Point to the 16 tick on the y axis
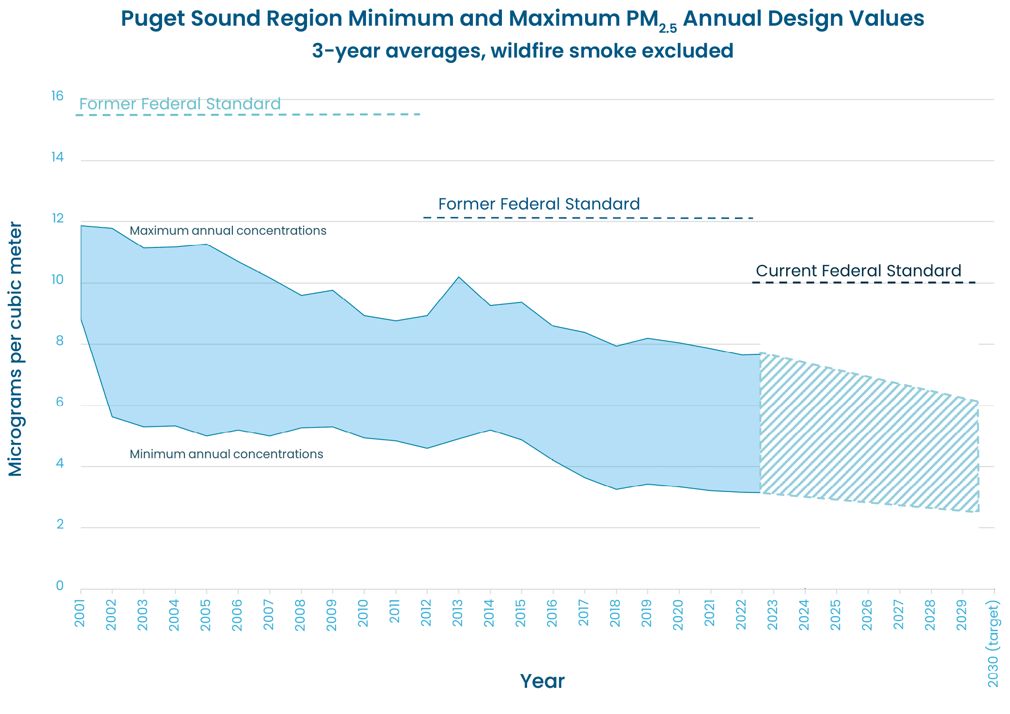coord(58,96)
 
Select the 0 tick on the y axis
coord(60,586)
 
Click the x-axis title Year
coord(542,681)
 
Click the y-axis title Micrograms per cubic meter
coord(16,349)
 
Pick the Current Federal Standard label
coord(858,271)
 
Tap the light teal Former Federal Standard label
coord(180,104)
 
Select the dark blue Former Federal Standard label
coord(539,204)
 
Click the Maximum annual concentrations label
coord(228,231)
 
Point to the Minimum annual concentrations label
coord(226,454)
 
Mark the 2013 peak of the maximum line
coord(459,277)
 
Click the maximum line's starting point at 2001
coord(81,226)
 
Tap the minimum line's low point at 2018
coord(616,489)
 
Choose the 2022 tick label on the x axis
coord(741,614)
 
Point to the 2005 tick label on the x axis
coord(206,615)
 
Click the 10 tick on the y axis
coord(58,280)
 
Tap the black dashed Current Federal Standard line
coord(863,283)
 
